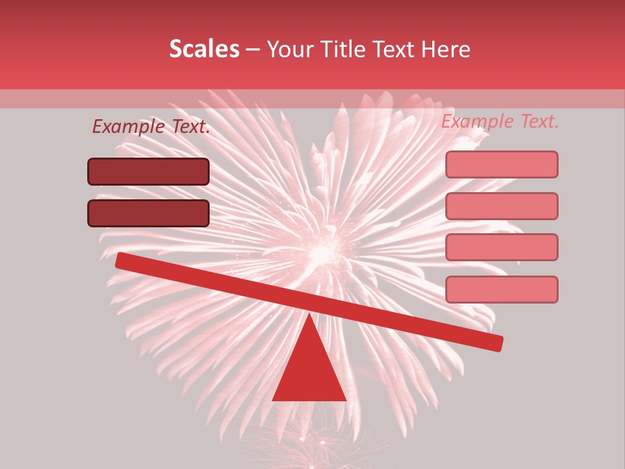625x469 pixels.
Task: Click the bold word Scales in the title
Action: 204,49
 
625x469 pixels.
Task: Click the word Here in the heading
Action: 445,49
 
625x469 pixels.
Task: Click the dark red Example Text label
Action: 151,126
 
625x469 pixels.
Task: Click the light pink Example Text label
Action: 500,121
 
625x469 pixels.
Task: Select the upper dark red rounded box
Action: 148,171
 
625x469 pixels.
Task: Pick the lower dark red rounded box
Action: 148,213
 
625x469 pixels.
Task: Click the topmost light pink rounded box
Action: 501,164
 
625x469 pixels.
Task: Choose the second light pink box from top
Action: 501,206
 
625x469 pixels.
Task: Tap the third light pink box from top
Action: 501,247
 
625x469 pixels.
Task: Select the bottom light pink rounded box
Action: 501,289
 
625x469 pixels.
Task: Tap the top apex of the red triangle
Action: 309,313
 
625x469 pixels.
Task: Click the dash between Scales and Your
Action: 253,50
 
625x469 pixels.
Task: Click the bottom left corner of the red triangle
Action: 273,399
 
